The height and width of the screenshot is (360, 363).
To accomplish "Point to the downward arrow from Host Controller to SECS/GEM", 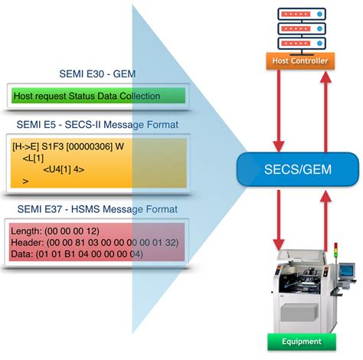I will tap(280, 107).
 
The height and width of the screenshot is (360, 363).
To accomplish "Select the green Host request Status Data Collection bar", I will tap(98, 96).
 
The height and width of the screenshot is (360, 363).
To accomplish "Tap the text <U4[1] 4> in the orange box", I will tap(64, 169).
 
